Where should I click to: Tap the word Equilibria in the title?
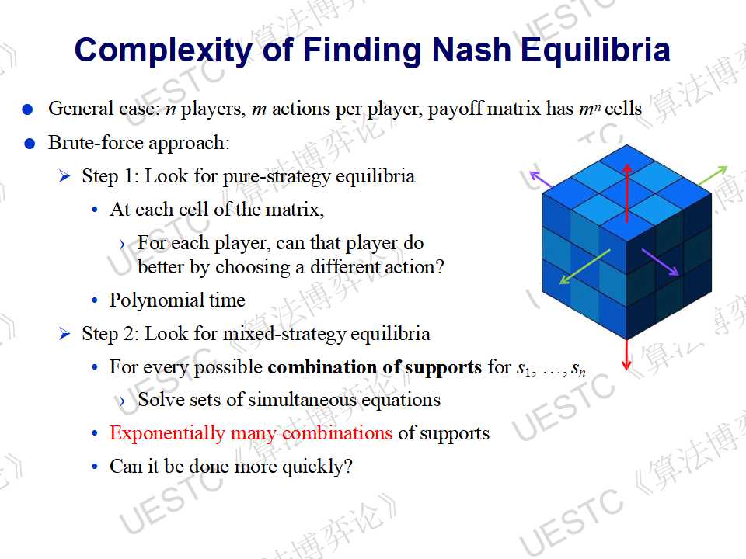pos(596,50)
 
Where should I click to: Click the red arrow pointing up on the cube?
pos(627,193)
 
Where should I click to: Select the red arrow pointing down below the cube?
pos(626,354)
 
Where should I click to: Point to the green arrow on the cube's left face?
pos(584,267)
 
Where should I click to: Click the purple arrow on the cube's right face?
pos(660,262)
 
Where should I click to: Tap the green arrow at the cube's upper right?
pos(713,176)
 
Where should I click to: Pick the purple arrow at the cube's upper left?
pos(541,179)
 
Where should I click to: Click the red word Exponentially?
pos(166,433)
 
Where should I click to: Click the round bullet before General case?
pos(28,110)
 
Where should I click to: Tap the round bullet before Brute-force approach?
pos(30,144)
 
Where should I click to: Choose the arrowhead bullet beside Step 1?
pos(64,177)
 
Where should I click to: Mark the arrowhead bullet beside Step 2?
pos(64,334)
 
